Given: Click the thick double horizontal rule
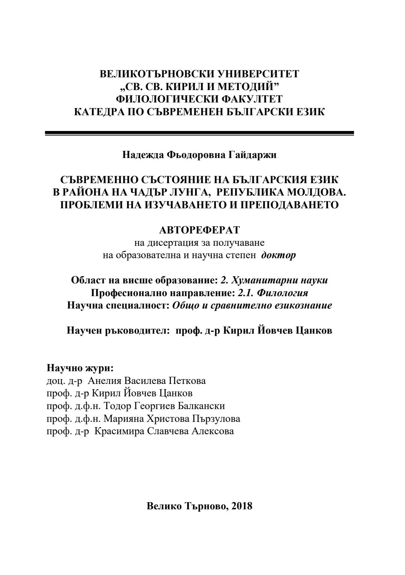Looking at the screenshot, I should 199,133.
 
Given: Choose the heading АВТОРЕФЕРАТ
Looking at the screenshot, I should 199,230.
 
